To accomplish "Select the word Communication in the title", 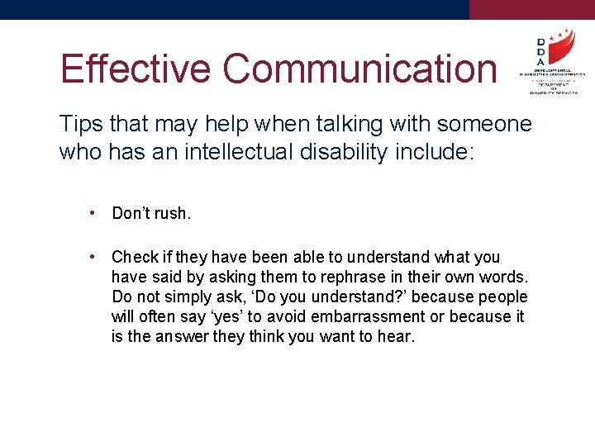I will pos(360,69).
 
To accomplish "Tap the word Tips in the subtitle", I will pos(81,124).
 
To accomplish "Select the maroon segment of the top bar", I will pos(531,9).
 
